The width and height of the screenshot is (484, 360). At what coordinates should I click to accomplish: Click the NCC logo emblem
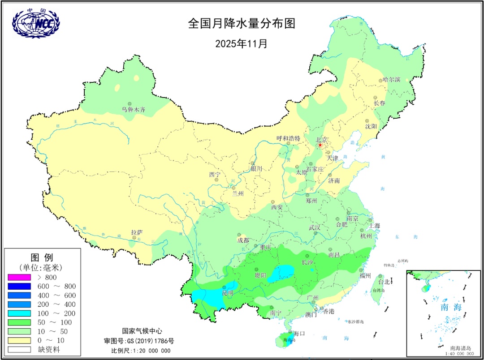[36, 22]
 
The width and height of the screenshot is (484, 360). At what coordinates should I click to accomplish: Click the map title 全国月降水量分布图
[242, 24]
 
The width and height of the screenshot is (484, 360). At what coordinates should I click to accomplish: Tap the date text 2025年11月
[242, 44]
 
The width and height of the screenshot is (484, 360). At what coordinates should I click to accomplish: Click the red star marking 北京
[320, 145]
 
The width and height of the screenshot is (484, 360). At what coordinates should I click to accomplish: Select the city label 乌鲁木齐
[134, 109]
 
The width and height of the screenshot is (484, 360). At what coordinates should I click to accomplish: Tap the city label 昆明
[228, 293]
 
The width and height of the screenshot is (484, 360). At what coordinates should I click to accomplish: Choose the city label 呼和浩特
[288, 138]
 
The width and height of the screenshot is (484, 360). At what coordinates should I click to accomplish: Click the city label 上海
[374, 226]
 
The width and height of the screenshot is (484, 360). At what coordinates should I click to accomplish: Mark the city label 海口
[299, 333]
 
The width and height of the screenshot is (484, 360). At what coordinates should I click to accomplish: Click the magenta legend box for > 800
[19, 277]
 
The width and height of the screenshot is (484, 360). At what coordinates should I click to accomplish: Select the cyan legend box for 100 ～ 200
[19, 313]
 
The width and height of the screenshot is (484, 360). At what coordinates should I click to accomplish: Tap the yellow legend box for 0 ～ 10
[19, 341]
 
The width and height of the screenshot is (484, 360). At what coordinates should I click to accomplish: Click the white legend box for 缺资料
[19, 350]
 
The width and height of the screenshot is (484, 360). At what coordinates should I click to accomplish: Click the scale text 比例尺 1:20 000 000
[141, 350]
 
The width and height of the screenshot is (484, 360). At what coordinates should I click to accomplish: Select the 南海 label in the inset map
[451, 307]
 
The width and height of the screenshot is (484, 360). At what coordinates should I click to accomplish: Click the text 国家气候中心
[142, 331]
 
